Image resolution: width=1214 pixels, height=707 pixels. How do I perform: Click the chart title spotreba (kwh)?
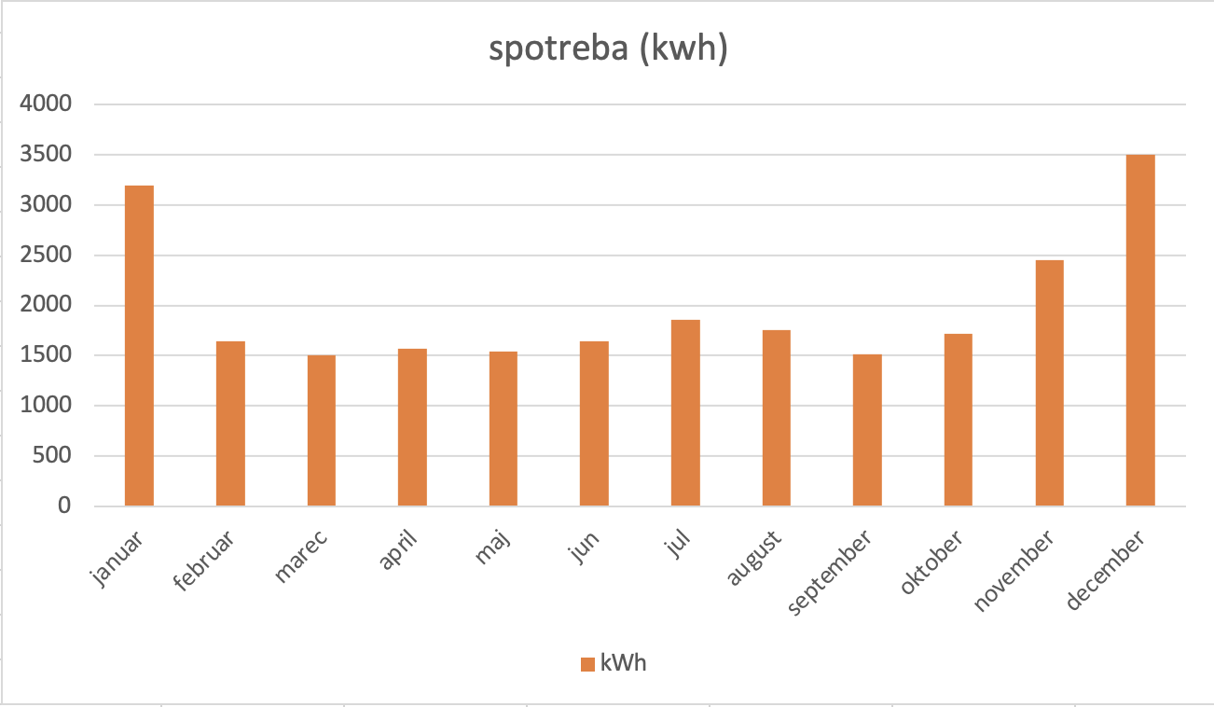coord(608,49)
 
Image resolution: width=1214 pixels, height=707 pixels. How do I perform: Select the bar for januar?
coord(139,345)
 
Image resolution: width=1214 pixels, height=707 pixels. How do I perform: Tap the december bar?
coord(1140,330)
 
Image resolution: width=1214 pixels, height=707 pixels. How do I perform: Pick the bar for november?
coord(1049,382)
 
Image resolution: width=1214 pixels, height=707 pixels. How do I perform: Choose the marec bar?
coord(322,430)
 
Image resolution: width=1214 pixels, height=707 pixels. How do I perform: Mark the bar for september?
coord(867,430)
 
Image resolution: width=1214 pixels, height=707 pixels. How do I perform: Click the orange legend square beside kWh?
coord(587,664)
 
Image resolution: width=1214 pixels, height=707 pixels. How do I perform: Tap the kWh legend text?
coord(624,663)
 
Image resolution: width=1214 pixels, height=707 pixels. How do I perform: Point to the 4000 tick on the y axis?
coord(46,104)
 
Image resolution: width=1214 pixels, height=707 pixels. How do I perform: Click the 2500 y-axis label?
coord(46,255)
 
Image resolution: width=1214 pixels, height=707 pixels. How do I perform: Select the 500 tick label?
coord(52,456)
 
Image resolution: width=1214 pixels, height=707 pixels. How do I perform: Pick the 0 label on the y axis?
coord(64,506)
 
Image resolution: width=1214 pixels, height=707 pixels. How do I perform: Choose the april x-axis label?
coord(399,552)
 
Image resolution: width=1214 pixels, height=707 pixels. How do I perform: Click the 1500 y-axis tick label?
coord(46,355)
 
